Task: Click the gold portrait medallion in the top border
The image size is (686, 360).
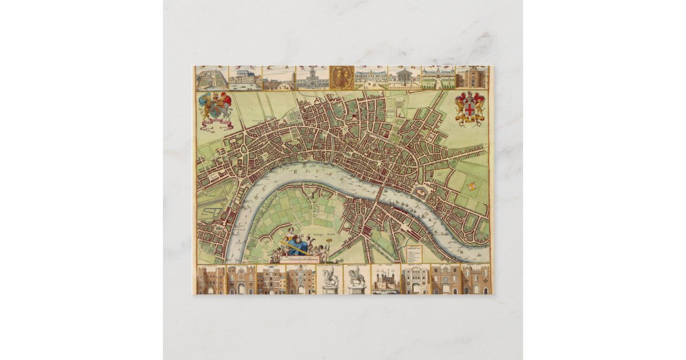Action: (x=341, y=77)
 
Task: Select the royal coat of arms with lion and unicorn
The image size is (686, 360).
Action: (x=215, y=108)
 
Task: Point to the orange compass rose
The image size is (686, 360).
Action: (x=471, y=186)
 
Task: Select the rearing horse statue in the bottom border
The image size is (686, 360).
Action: (x=330, y=280)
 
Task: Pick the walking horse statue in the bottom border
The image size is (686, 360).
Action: (x=357, y=280)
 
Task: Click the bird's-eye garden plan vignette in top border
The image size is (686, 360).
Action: (x=211, y=78)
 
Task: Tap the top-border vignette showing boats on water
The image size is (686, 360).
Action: (x=245, y=78)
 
